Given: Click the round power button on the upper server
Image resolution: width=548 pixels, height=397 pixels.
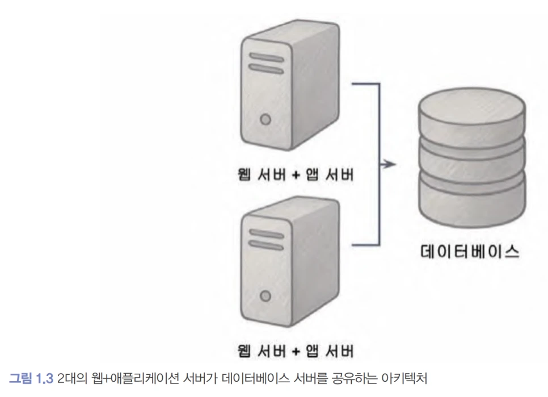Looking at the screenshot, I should [264, 119].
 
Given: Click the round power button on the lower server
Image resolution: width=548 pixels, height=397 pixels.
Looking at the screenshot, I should [264, 295].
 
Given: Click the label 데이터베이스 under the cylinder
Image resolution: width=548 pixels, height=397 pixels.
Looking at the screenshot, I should [471, 250].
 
